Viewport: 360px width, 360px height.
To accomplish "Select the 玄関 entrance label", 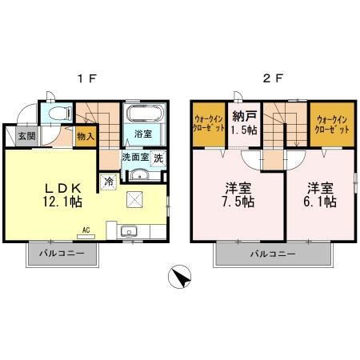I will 26,136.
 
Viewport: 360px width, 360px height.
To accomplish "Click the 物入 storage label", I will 86,137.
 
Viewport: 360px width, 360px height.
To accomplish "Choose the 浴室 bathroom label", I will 143,133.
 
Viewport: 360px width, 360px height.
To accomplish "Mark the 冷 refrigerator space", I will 108,182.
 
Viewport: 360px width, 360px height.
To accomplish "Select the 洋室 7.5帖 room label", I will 238,195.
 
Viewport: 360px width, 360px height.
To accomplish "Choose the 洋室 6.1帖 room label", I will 320,195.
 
